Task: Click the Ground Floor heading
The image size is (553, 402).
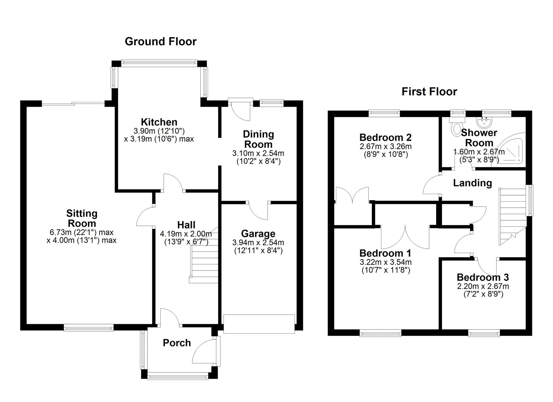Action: tap(161, 41)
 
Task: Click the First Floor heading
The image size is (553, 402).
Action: tap(429, 92)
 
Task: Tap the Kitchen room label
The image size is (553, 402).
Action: tap(159, 122)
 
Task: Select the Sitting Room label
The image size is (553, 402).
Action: tap(82, 218)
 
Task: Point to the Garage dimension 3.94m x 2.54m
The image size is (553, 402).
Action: tap(258, 242)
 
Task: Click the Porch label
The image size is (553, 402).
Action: tap(177, 343)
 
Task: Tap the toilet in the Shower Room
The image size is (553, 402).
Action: tap(456, 126)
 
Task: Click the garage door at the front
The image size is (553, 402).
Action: tap(259, 324)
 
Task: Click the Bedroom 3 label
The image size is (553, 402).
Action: tap(483, 277)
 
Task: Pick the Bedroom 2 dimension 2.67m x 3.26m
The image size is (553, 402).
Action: tap(385, 147)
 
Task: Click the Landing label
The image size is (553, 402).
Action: tap(473, 183)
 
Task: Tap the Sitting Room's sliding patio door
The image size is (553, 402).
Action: tap(73, 104)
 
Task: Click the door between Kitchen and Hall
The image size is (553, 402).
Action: tap(173, 182)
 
